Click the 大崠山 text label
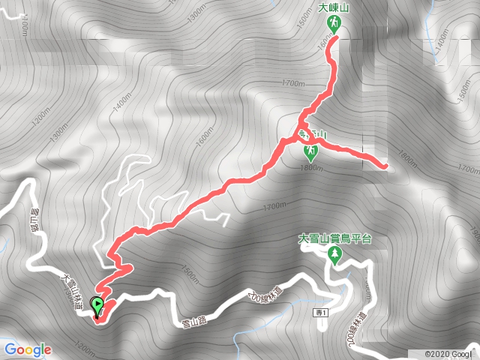[x=334, y=8]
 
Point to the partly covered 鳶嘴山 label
[x=313, y=135]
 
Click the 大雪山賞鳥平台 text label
[x=335, y=239]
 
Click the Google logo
[x=28, y=349]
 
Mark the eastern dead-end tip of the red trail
[x=384, y=166]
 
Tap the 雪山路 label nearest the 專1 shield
[x=193, y=324]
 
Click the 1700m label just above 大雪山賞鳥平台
[x=276, y=207]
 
